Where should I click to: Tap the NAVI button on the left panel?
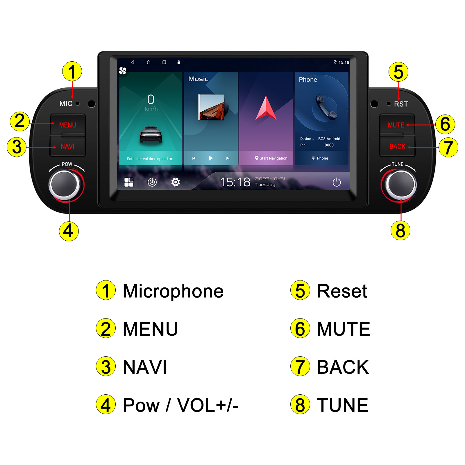tap(67, 146)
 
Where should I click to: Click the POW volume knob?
tap(65, 184)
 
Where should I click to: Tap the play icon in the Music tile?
tap(211, 158)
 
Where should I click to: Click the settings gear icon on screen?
tap(176, 182)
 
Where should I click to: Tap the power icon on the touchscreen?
tap(337, 182)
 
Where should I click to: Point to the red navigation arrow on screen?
tap(266, 108)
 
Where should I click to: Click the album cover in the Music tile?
tap(211, 107)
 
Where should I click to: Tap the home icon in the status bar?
tap(149, 62)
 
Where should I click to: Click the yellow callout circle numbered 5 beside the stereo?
tap(398, 72)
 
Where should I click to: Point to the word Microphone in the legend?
tap(173, 291)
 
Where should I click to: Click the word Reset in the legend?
tap(342, 291)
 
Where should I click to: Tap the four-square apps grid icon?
tap(129, 182)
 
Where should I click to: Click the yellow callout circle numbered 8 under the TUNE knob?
tap(400, 230)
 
